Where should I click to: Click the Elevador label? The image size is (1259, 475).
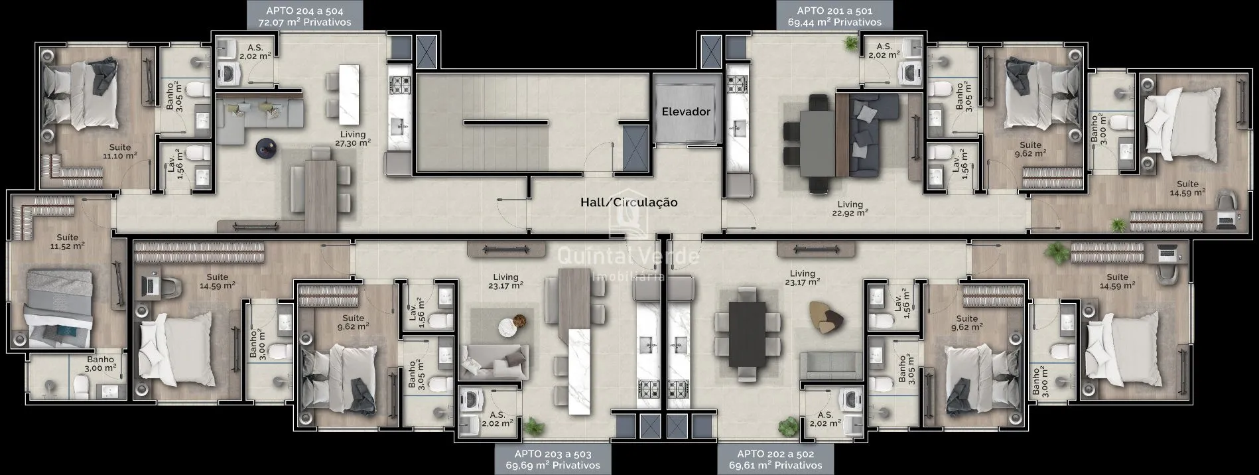[x=685, y=111]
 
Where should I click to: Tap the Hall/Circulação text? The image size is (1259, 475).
[x=629, y=202]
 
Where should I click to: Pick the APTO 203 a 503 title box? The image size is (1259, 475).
[x=553, y=459]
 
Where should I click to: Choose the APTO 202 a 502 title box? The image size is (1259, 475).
[x=775, y=459]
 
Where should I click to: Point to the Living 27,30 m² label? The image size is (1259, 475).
[x=353, y=139]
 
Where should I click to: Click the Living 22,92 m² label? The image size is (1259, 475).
[x=850, y=209]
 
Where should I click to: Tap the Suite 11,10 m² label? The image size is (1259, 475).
[x=120, y=151]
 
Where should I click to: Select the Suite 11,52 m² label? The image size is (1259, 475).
[x=67, y=241]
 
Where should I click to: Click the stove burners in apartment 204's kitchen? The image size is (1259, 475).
[x=400, y=84]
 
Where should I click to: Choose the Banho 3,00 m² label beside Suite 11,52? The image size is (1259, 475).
[x=101, y=364]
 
